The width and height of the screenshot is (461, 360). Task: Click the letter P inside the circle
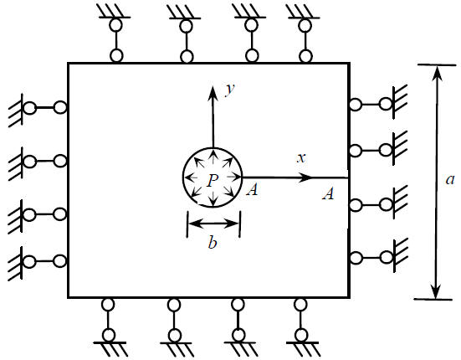(213, 180)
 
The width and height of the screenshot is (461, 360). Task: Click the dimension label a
(450, 179)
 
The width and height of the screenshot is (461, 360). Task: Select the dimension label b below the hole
(213, 242)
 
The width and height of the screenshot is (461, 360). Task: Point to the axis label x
(301, 158)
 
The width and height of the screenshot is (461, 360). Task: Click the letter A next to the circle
(253, 190)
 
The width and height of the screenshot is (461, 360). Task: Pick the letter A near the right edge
(328, 194)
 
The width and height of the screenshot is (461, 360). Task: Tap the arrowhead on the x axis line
(305, 177)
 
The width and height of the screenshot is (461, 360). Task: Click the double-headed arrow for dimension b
(213, 224)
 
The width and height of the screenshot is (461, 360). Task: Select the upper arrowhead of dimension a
(438, 75)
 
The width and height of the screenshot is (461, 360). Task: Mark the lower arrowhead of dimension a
(436, 290)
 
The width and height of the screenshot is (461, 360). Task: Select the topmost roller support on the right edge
(379, 105)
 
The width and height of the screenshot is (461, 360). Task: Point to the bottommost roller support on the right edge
(379, 258)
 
